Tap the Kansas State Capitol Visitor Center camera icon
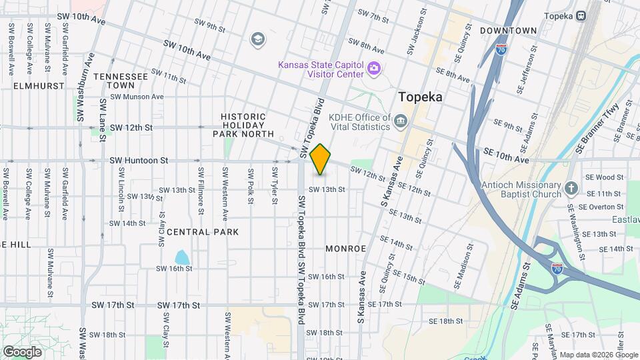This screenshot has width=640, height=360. (374, 68)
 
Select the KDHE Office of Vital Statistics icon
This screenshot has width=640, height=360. (401, 121)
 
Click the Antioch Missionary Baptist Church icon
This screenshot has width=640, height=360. (571, 189)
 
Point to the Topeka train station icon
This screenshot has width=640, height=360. (581, 15)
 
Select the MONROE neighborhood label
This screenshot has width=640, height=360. (346, 249)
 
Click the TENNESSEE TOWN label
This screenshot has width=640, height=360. (121, 81)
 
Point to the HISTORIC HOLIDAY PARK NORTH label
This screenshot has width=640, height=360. (243, 125)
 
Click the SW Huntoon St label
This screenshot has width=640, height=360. (139, 161)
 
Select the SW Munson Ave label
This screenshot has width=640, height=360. (137, 97)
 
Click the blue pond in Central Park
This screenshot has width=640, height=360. (181, 257)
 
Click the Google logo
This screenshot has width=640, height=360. (22, 351)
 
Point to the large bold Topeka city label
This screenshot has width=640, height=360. (421, 97)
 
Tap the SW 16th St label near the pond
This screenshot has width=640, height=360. (174, 269)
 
